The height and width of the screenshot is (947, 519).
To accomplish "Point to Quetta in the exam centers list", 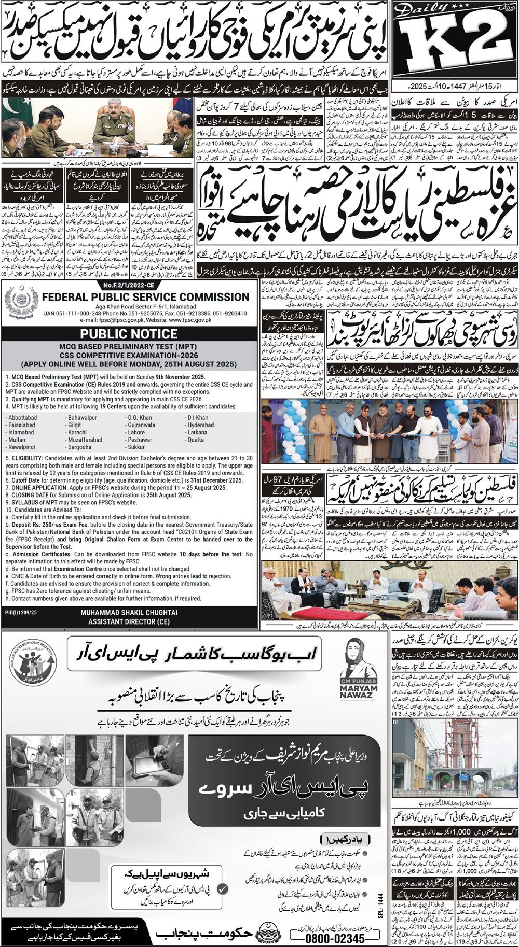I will click(x=196, y=439).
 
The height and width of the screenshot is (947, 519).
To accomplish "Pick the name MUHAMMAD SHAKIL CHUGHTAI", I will click(x=129, y=612).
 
